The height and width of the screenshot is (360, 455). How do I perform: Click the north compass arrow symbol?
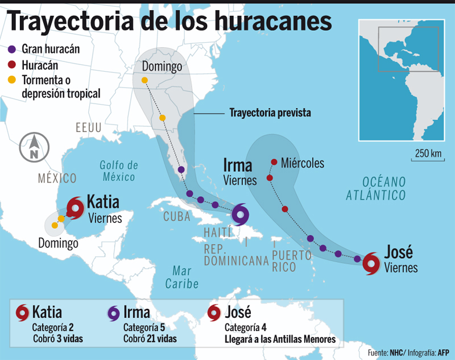pyautogui.click(x=34, y=147)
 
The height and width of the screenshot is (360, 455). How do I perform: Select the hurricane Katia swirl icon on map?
pyautogui.click(x=75, y=208)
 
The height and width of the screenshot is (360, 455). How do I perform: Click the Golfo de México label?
pyautogui.click(x=119, y=171)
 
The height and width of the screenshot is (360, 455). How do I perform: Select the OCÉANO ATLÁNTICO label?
pyautogui.click(x=384, y=189)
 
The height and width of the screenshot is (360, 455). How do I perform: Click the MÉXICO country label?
pyautogui.click(x=57, y=179)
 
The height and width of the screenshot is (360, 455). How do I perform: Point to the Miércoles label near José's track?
pyautogui.click(x=303, y=164)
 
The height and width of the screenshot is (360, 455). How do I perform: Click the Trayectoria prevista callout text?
pyautogui.click(x=270, y=113)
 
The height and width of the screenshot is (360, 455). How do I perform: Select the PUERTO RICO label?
pyautogui.click(x=291, y=260)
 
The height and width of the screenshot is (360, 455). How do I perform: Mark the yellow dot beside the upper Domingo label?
pyautogui.click(x=144, y=80)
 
